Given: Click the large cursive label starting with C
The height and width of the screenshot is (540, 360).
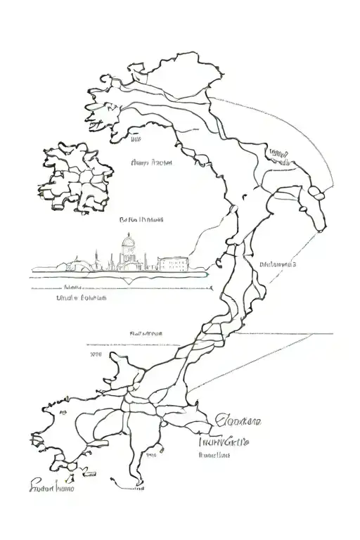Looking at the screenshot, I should [x=237, y=422].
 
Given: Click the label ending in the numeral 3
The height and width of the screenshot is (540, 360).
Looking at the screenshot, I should [x=277, y=265].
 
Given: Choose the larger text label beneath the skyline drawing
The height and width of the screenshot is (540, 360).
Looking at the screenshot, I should [x=81, y=298].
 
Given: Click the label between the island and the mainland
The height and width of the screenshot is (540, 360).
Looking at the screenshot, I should [x=152, y=162].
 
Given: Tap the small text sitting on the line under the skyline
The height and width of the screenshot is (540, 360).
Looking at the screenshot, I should [x=73, y=287].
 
